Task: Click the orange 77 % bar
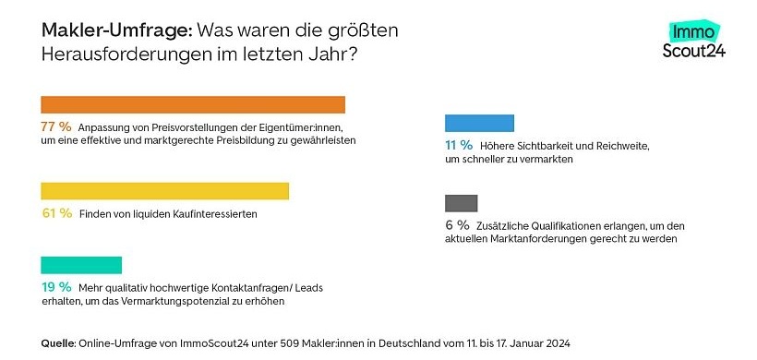point(193,104)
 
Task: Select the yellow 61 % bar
point(165,191)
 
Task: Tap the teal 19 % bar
point(81,265)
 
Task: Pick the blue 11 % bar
point(479,123)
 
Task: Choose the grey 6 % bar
point(461,203)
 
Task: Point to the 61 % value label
point(56,213)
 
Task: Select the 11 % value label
point(459,145)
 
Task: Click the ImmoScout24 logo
point(694,42)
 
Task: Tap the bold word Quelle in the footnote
point(58,343)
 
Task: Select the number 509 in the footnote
point(290,343)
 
